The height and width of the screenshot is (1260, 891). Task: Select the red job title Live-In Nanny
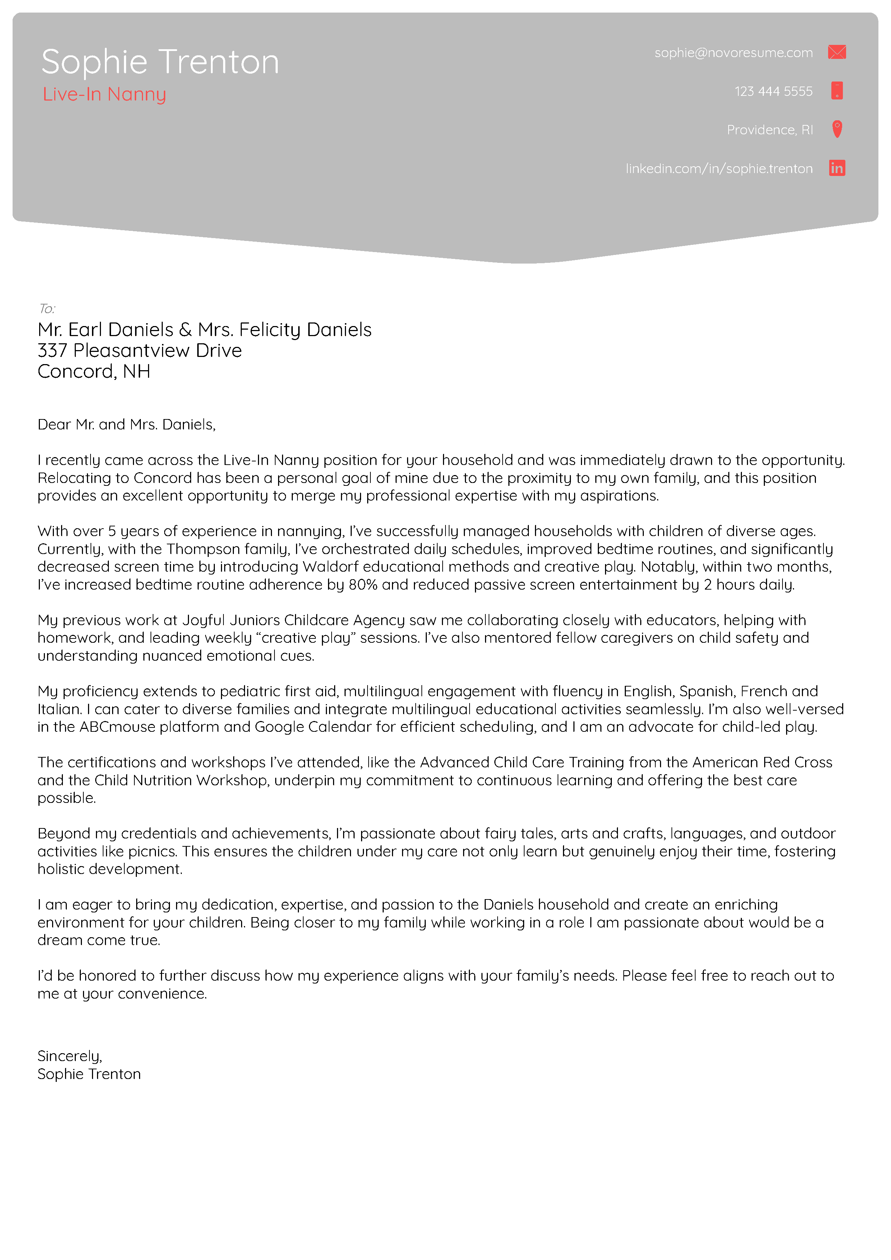coord(104,94)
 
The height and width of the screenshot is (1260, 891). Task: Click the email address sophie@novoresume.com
coord(733,53)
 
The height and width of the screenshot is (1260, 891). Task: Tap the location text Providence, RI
coord(769,130)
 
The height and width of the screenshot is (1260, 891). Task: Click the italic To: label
coord(47,308)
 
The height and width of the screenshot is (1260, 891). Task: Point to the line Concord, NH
coord(94,372)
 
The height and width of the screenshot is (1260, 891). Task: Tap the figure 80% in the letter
coord(363,585)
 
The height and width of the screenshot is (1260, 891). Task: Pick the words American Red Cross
coord(762,762)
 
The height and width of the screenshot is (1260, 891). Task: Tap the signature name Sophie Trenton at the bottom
coord(89,1074)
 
